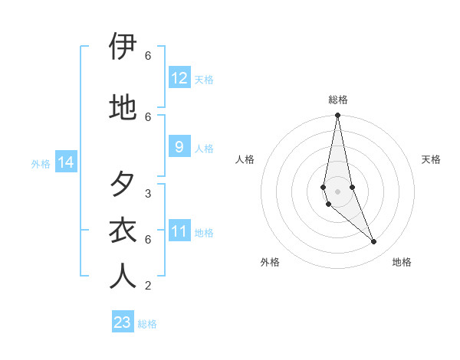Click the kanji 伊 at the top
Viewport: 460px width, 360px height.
click(123, 47)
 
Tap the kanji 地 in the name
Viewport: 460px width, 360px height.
click(123, 107)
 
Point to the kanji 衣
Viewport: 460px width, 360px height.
click(123, 231)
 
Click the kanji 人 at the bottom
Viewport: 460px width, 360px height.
click(123, 276)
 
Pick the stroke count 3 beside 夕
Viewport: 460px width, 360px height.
click(147, 193)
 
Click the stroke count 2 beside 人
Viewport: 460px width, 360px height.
click(147, 286)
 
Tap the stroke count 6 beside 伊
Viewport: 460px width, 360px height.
click(147, 56)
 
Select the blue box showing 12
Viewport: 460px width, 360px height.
click(179, 78)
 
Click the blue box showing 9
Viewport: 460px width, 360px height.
click(179, 147)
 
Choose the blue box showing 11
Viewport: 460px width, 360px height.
click(179, 231)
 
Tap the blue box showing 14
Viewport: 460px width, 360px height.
click(65, 162)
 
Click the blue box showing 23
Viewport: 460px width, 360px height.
click(123, 322)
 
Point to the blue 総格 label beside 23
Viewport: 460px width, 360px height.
click(147, 324)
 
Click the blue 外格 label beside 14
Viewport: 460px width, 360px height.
click(41, 163)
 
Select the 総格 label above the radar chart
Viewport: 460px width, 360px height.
click(338, 100)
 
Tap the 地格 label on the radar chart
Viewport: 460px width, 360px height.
click(402, 262)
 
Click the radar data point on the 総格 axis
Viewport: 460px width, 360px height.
click(337, 116)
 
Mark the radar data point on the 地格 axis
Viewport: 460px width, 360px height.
click(374, 242)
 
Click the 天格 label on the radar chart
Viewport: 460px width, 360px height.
click(431, 159)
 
